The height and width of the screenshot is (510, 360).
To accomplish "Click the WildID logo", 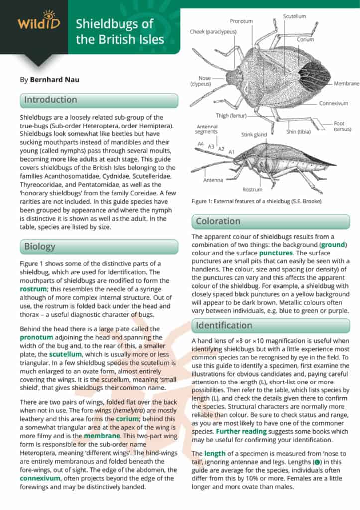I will (x=33, y=21).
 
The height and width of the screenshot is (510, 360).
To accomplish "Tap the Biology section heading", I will (x=40, y=247).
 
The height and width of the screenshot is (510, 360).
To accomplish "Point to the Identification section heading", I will (x=224, y=326).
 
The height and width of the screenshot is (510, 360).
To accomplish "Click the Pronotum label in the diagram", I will (x=241, y=21).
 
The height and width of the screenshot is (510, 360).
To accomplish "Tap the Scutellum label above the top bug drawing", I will (x=294, y=16).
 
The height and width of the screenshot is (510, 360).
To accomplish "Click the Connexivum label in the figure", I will (x=333, y=103).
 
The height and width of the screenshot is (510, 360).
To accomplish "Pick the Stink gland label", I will (x=254, y=134).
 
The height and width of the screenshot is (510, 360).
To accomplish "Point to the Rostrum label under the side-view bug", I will (x=252, y=189).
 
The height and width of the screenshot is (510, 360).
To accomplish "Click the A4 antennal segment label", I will (x=201, y=144).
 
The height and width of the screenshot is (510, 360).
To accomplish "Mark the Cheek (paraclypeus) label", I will (x=213, y=32).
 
